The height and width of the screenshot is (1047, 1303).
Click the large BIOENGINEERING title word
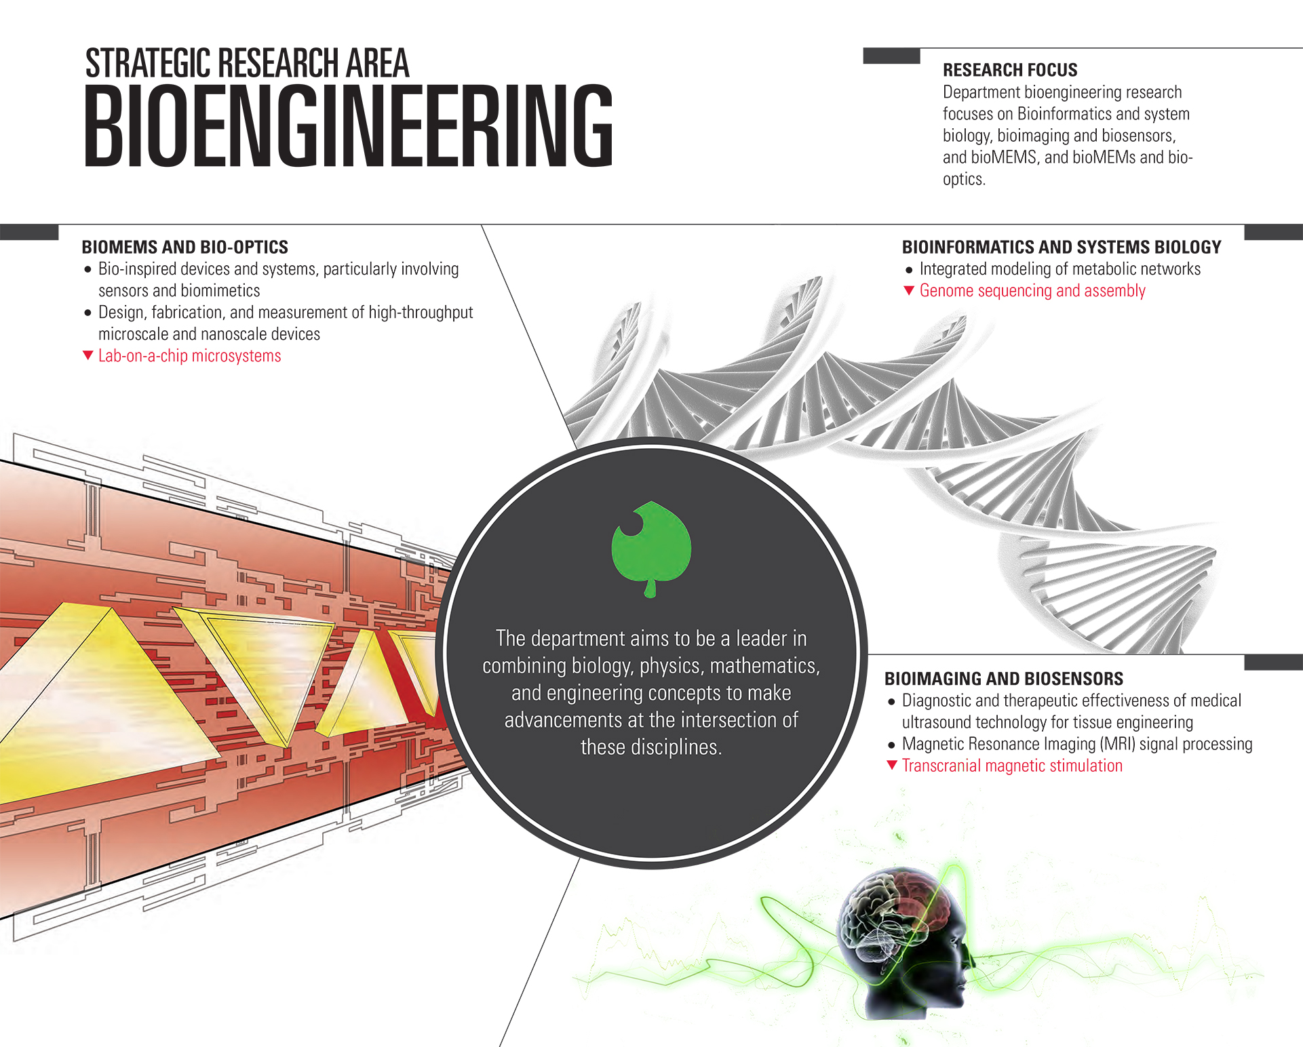348,125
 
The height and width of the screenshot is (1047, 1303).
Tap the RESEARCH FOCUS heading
1009,70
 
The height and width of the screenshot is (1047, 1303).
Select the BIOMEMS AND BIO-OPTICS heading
184,247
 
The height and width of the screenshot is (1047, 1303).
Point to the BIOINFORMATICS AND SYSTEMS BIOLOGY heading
1061,247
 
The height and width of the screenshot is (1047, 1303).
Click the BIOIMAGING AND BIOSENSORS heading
1003,679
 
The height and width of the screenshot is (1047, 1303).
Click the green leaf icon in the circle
651,547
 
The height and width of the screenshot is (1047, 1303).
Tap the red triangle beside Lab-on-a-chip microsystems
87,355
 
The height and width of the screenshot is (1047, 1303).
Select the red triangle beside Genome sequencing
909,291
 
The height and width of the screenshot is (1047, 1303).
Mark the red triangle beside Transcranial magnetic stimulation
892,766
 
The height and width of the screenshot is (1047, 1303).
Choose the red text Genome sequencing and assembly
1032,291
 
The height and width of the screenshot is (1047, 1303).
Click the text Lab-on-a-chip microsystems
189,356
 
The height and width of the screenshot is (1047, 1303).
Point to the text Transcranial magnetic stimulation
1012,766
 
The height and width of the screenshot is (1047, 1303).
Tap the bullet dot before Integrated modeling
909,270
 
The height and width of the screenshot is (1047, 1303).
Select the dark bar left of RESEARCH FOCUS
891,56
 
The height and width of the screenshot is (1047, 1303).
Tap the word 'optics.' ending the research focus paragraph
964,179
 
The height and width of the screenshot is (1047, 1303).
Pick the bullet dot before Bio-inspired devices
87,270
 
